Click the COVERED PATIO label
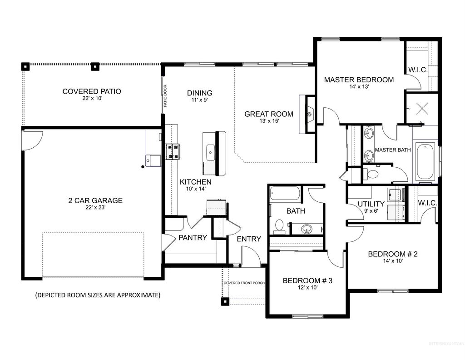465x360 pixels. [92, 91]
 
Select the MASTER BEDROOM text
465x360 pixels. [359, 80]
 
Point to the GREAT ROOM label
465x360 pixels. [269, 114]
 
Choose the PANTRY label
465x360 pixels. [193, 237]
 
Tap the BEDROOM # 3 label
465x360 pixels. [307, 280]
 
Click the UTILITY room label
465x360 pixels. [371, 204]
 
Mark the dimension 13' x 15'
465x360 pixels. [269, 121]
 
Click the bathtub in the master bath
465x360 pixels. [425, 161]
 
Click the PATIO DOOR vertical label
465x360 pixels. [165, 96]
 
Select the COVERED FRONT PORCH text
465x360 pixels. [244, 283]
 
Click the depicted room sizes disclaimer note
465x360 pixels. [98, 295]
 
